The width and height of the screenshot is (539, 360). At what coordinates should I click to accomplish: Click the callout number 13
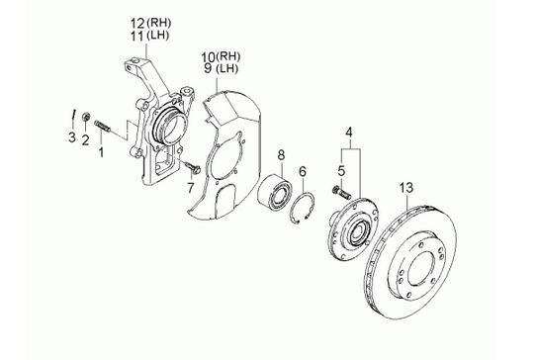pos(406,188)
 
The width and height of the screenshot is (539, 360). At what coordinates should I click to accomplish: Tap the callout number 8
pos(281,155)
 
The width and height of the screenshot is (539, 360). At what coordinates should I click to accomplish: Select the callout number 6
pos(303,171)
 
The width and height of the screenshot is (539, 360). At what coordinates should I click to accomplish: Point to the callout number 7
pos(190,188)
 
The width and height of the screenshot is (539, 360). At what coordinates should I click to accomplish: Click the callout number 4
pos(349,132)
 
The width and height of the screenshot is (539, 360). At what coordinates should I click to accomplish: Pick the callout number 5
pos(341,171)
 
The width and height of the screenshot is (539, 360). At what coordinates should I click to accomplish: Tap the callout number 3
pos(71,137)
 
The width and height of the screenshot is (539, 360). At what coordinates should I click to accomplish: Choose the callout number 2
pos(85,139)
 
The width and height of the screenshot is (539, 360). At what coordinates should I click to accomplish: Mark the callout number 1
pos(101,151)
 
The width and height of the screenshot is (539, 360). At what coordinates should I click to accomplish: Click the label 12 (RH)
pos(150,24)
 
